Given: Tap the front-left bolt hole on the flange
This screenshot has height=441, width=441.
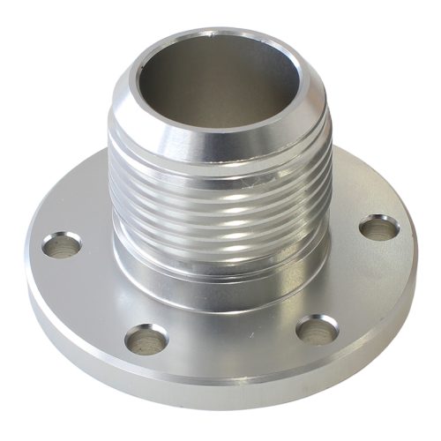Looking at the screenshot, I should click(146, 337).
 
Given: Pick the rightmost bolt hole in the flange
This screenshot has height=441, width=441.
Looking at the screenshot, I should click(378, 227).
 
